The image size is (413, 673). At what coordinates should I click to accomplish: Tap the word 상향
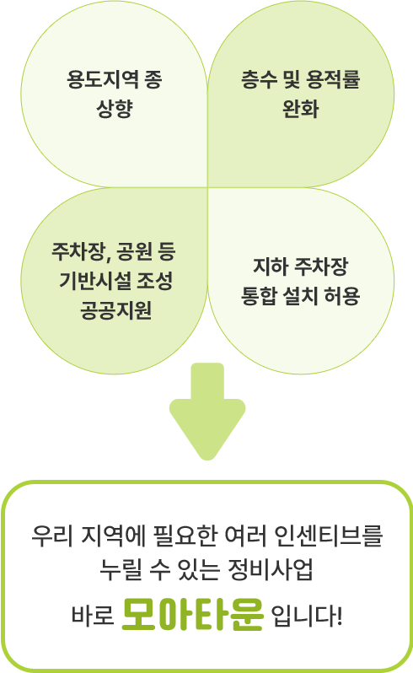click(115, 109)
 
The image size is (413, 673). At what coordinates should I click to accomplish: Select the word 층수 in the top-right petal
click(259, 79)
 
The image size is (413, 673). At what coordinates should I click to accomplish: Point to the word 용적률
click(333, 79)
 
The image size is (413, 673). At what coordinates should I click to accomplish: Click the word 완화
click(301, 109)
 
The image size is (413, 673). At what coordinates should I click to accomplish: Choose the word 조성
click(155, 281)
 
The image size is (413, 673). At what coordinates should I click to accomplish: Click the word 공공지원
click(115, 310)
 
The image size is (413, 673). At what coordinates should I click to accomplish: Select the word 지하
click(271, 267)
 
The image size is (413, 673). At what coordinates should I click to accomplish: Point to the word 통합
click(259, 296)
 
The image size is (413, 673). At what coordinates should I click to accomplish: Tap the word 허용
click(342, 296)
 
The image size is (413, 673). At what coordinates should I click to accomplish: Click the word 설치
click(300, 296)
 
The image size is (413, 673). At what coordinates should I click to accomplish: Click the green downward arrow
click(207, 412)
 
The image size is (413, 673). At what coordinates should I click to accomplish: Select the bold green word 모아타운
click(192, 614)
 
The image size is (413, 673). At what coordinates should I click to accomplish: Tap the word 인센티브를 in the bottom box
click(328, 536)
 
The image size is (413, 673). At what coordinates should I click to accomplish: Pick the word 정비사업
click(271, 569)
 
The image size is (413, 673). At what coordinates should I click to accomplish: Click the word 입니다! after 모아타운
click(307, 616)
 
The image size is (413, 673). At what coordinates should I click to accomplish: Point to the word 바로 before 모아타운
click(93, 616)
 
